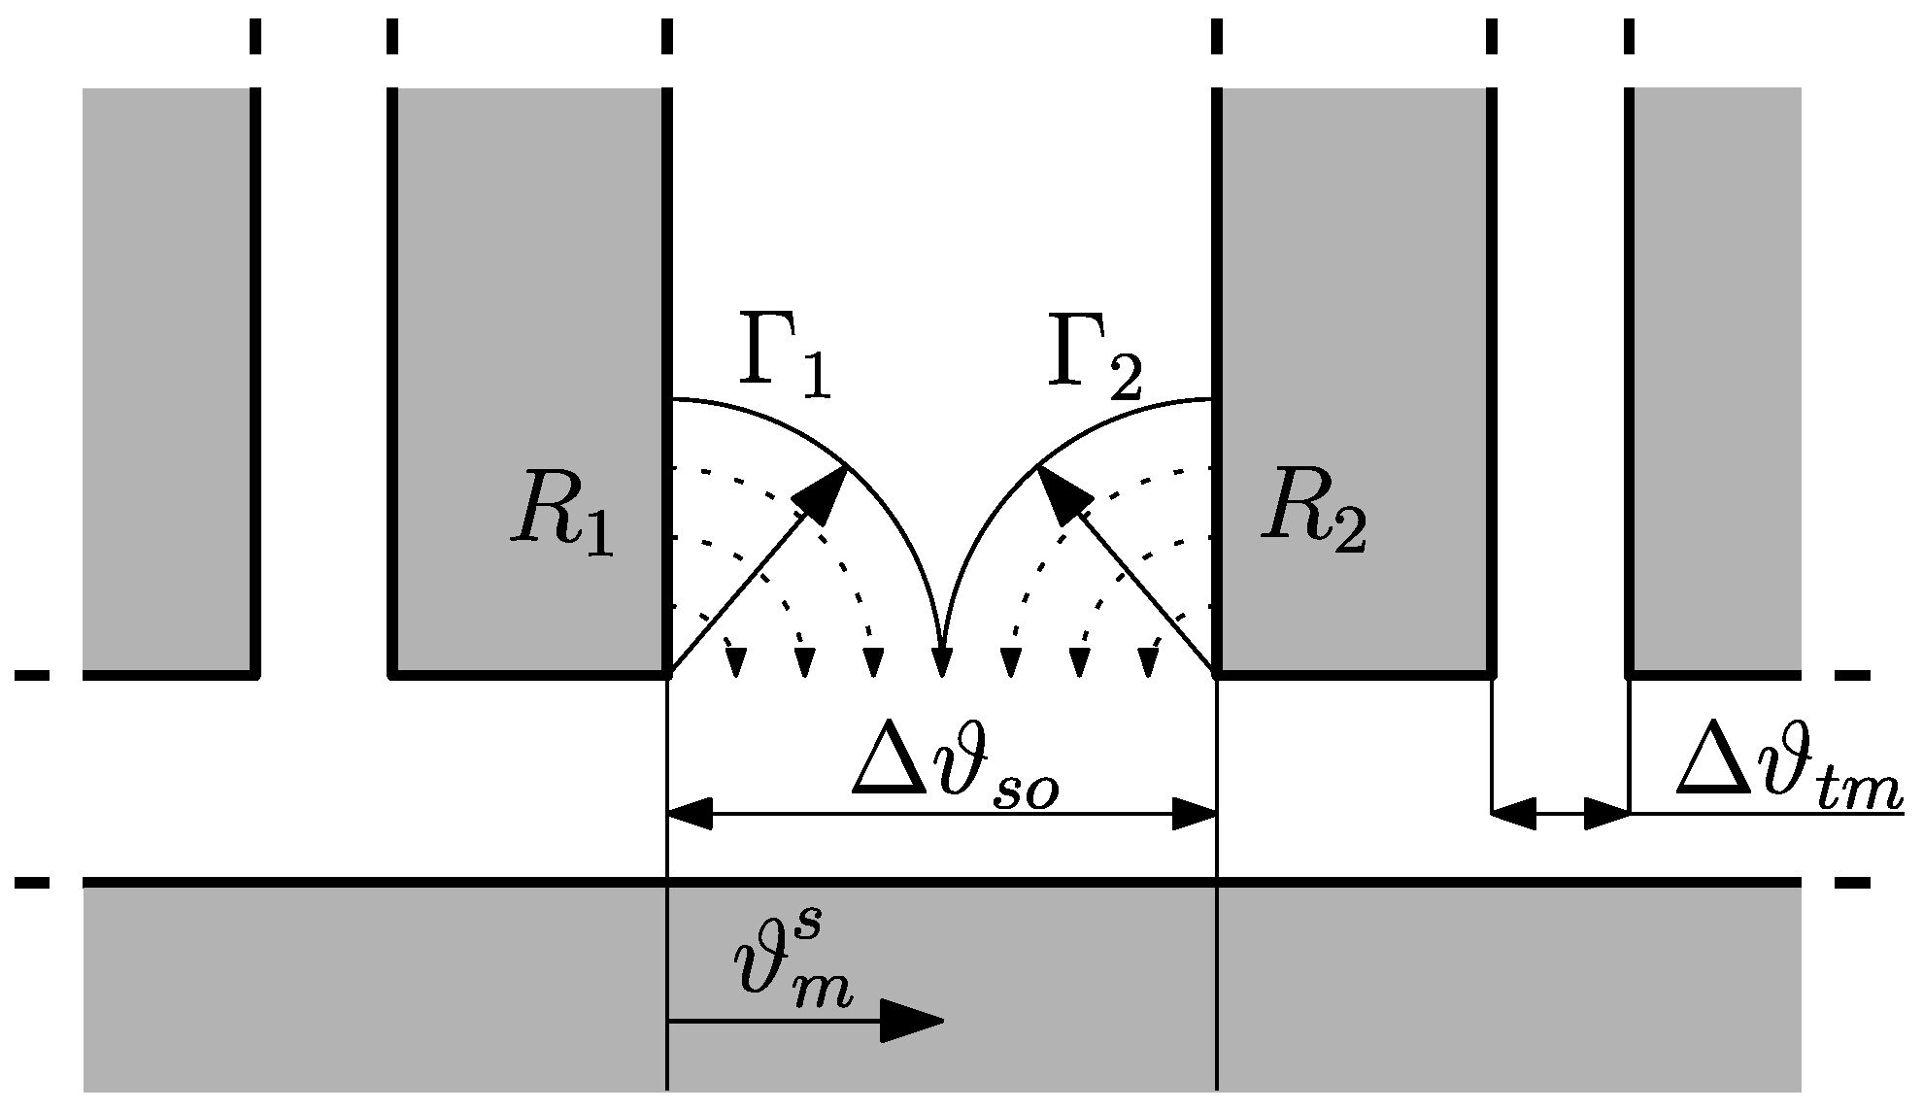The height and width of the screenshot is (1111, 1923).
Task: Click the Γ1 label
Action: [x=786, y=358]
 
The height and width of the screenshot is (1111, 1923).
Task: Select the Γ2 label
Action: [x=1094, y=358]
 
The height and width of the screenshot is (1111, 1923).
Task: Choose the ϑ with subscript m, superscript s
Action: [x=793, y=961]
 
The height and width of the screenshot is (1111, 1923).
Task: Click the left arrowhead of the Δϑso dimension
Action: [x=691, y=814]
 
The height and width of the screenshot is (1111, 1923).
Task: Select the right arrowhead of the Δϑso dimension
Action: [x=1194, y=814]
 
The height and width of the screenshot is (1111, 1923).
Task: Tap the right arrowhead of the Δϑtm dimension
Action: [x=1607, y=814]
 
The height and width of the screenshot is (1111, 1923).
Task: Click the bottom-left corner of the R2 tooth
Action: [x=1218, y=672]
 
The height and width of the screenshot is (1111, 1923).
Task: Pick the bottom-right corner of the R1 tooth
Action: [x=667, y=672]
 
